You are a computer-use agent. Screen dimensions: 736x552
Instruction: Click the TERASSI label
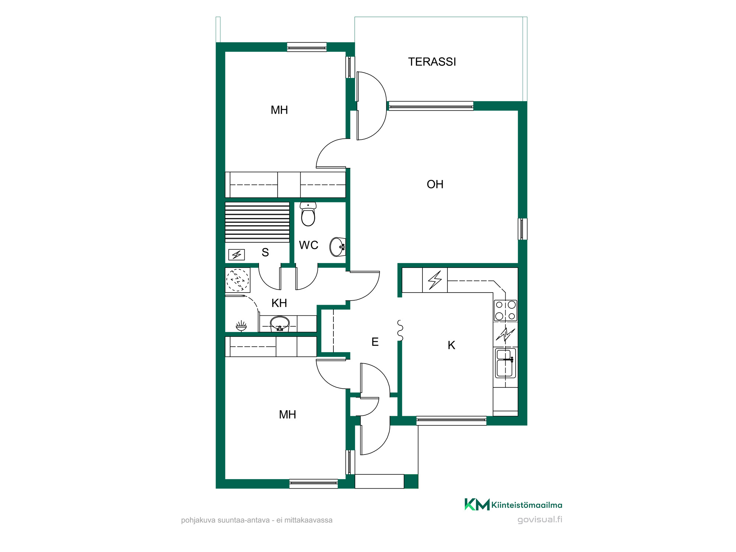click(432, 62)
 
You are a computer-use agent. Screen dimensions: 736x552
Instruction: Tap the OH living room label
click(435, 184)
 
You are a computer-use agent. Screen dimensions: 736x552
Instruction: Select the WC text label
click(308, 245)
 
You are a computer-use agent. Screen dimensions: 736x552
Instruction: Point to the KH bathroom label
click(279, 303)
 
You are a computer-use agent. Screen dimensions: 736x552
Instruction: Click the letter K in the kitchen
click(452, 345)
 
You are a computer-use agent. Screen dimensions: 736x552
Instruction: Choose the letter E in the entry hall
click(375, 342)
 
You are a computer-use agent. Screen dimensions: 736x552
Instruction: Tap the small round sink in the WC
click(337, 247)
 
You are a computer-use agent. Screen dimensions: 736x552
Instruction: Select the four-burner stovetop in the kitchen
click(505, 311)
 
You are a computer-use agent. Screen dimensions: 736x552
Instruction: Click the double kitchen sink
click(505, 364)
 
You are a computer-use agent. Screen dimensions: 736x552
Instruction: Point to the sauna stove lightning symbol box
click(236, 255)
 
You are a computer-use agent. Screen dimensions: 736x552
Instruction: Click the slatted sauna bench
click(257, 222)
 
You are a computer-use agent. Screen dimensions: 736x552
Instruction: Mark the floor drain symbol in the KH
click(241, 326)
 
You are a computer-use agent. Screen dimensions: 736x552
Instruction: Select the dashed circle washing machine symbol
click(237, 280)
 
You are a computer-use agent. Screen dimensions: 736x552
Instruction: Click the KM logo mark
click(477, 505)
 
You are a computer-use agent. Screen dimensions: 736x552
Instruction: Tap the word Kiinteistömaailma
click(527, 505)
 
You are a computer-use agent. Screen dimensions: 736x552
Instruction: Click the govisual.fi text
click(540, 520)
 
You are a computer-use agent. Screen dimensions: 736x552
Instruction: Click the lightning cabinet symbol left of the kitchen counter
click(435, 280)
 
